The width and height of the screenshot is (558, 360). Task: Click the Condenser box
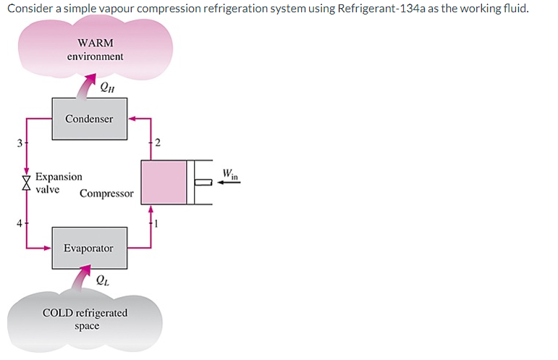pos(89,118)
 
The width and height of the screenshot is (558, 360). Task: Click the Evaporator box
pos(88,248)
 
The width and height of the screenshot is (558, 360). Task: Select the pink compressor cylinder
pos(164,182)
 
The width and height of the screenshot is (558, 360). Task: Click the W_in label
pos(231,174)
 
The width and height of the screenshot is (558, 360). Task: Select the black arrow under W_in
pos(229,183)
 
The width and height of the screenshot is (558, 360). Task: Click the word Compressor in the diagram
pos(106,193)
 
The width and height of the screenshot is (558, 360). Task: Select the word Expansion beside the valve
pos(59,176)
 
